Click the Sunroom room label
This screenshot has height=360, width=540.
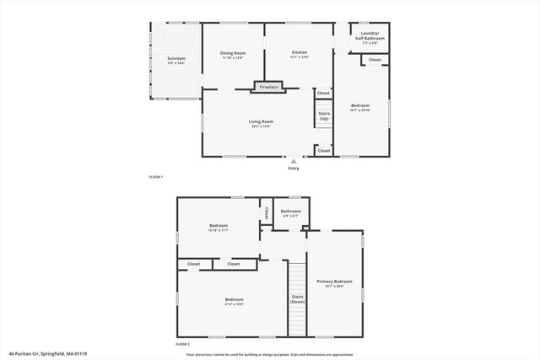click(175, 57)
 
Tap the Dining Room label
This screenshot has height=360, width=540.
click(232, 52)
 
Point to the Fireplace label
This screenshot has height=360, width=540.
click(268, 87)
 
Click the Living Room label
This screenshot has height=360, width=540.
click(261, 121)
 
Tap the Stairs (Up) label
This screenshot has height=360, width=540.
click(324, 116)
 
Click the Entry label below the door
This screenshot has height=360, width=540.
click(294, 169)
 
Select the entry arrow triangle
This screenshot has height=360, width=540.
click(294, 160)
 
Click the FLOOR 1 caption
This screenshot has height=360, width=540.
click(155, 177)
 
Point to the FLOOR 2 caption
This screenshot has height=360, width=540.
click(182, 345)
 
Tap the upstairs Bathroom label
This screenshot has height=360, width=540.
click(291, 211)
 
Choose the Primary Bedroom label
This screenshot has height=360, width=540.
click(334, 281)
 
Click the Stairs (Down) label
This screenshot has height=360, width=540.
click(297, 298)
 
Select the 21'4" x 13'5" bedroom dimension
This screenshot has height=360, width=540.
click(234, 305)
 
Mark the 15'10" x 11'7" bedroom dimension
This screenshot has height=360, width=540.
click(219, 230)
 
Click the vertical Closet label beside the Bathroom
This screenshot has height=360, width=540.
click(266, 212)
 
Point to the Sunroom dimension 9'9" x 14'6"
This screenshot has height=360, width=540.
click(175, 63)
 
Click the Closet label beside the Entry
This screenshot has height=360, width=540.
click(324, 150)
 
